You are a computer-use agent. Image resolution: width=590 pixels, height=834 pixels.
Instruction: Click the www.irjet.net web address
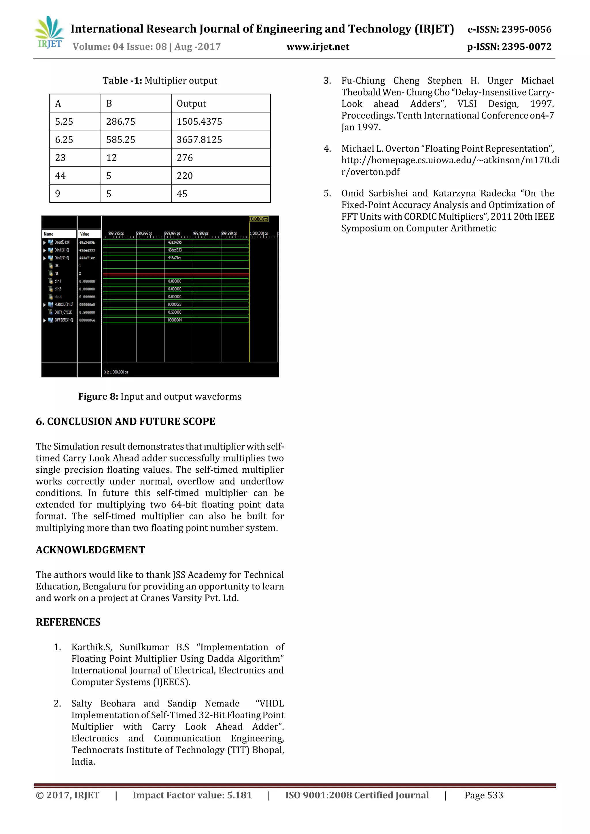coord(318,47)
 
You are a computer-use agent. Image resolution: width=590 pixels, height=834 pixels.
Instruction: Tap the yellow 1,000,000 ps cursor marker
coord(258,219)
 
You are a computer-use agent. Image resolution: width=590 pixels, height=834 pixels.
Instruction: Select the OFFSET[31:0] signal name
coord(63,320)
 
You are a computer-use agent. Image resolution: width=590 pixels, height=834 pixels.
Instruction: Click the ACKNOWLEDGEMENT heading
coord(90,550)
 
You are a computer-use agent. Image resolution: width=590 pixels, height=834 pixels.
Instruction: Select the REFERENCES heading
coord(68,622)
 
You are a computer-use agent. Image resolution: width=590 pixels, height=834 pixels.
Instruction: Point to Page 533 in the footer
coord(483,795)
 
